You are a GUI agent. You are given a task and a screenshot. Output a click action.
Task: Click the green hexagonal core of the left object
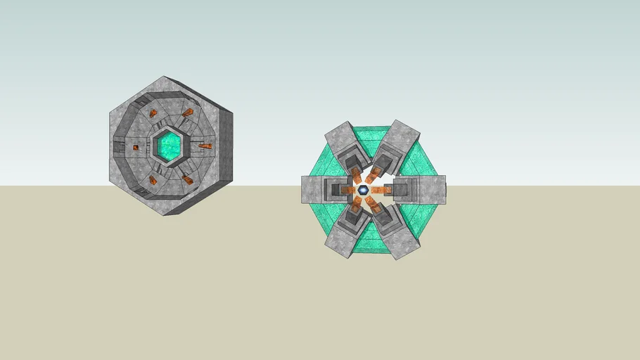pos(168,146)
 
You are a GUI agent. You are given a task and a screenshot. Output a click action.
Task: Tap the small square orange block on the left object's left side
pos(136,147)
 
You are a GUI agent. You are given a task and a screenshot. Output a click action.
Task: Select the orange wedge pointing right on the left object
pos(205,146)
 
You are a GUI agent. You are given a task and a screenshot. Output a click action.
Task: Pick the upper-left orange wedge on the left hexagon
pos(153,113)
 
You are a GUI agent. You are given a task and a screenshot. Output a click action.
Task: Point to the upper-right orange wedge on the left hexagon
pos(188,112)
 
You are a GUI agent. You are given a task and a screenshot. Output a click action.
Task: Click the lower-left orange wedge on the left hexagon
pos(153,180)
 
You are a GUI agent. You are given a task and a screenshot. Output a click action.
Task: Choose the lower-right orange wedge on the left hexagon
pos(188,180)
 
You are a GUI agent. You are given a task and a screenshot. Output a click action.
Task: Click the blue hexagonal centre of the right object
pos(363,190)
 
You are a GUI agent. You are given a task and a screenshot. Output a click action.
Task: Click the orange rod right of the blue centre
pos(380,190)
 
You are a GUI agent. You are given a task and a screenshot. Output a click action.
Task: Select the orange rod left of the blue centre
pos(348,190)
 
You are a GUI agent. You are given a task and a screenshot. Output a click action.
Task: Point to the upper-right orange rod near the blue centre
pos(372,176)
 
